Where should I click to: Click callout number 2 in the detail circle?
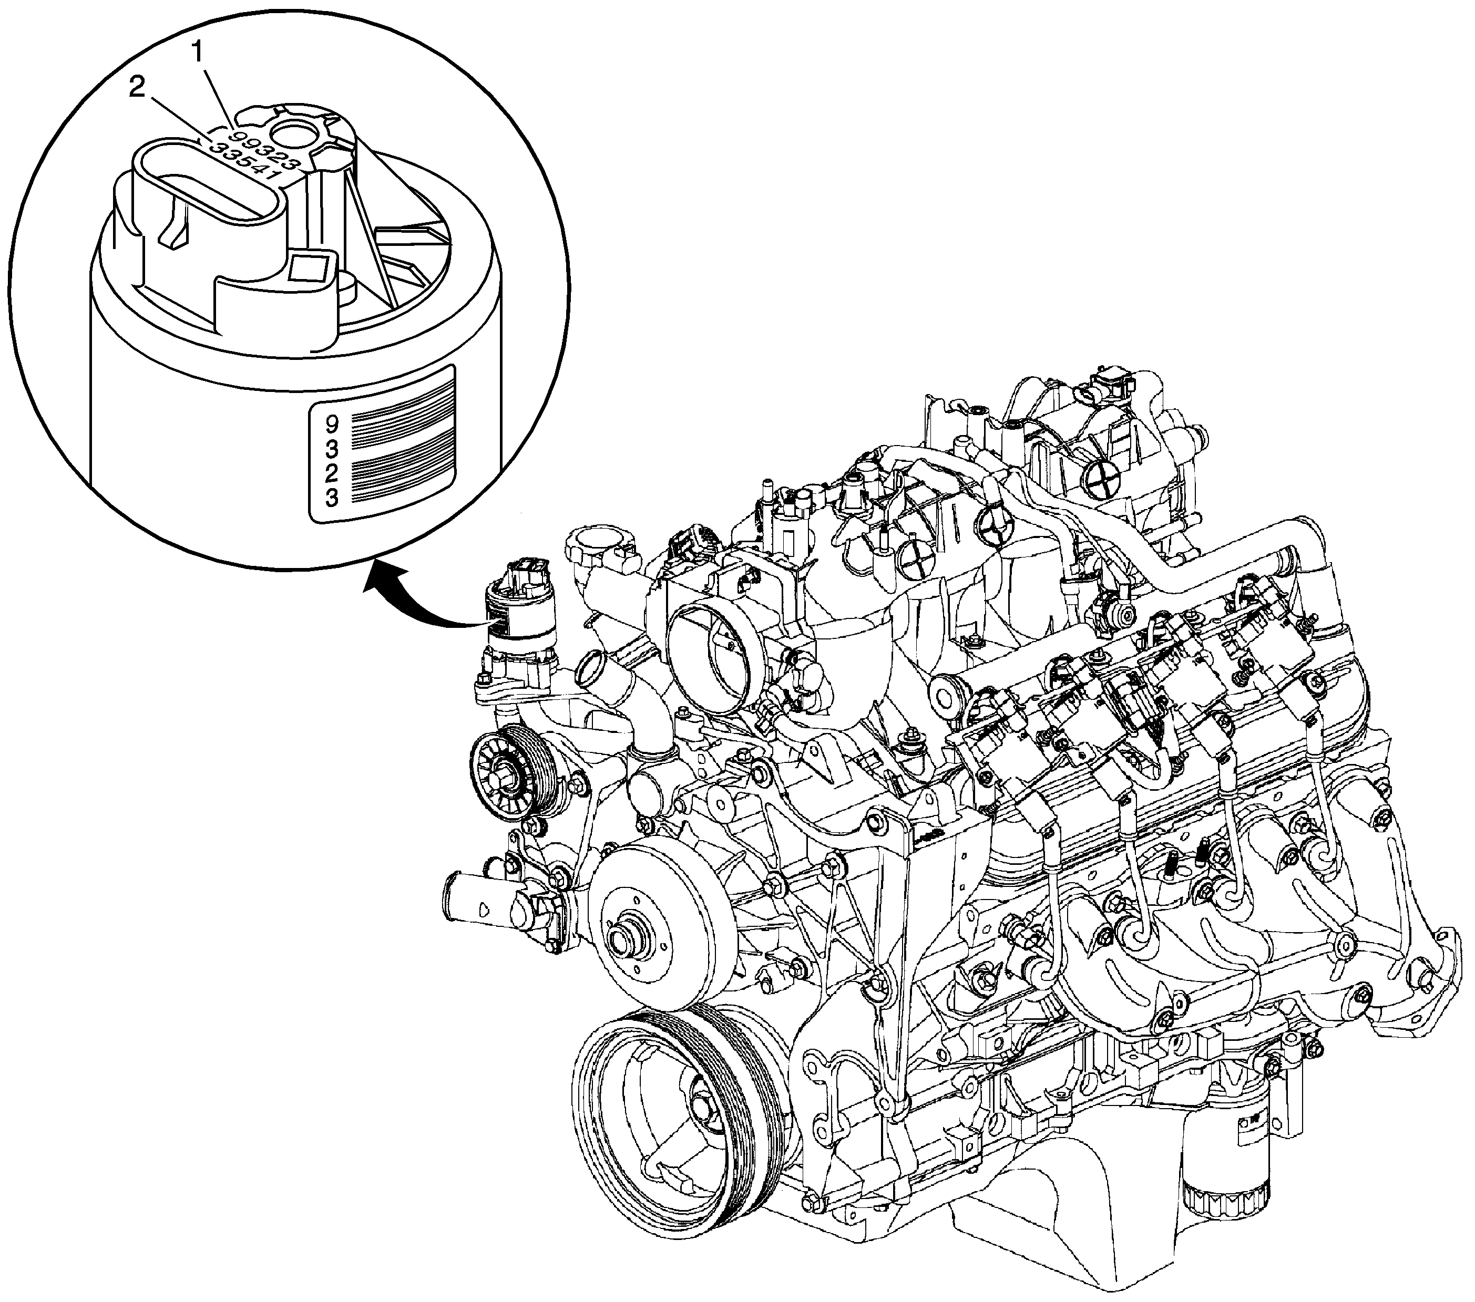[x=137, y=89]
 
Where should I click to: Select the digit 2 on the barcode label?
[x=332, y=473]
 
